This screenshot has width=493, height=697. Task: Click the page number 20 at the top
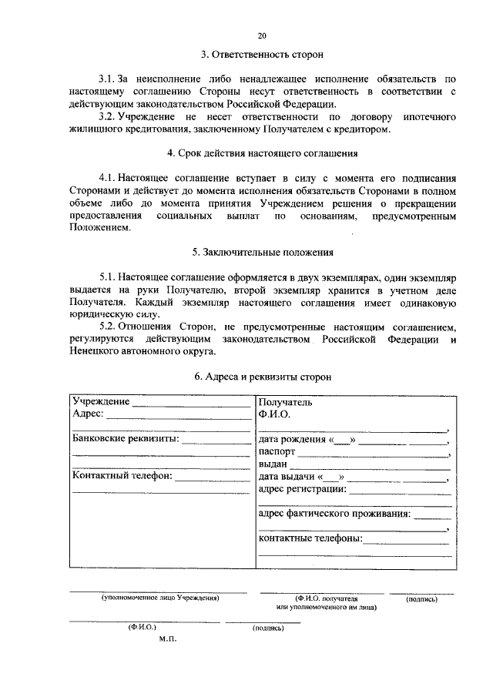[261, 35]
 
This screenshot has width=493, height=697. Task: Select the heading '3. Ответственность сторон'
[261, 55]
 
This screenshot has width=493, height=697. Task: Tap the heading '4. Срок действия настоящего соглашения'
[261, 153]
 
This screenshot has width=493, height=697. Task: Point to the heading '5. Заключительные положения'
[262, 252]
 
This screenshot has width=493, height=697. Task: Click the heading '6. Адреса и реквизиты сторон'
[262, 377]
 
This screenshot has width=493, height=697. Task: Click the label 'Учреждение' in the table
[100, 401]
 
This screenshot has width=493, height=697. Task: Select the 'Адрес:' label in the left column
[88, 414]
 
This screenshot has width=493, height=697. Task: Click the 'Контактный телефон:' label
[122, 476]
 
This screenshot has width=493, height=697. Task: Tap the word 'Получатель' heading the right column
[286, 402]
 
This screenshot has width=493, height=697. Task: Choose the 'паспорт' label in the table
[277, 452]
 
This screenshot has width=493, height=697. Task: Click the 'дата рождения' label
[293, 440]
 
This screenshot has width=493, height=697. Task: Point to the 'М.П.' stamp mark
[168, 638]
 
